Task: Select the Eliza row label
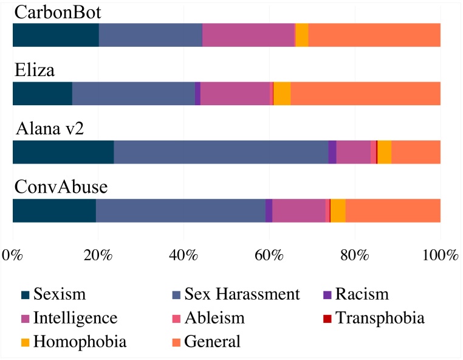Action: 35,71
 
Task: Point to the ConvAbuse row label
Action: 61,187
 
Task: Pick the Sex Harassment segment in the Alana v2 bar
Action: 221,152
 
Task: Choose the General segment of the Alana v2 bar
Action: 416,152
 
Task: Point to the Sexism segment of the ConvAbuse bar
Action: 54,210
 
